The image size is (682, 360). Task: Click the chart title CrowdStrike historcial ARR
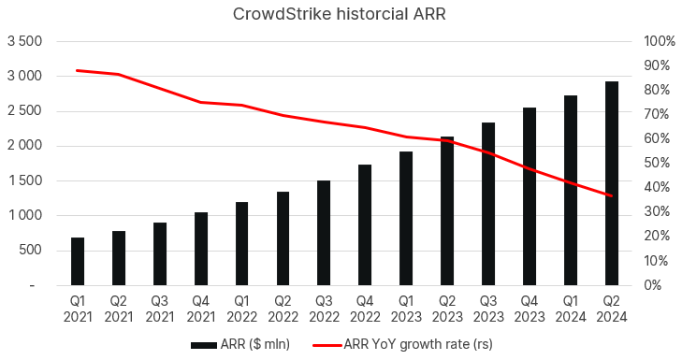(x=341, y=13)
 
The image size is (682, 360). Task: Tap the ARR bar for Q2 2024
(x=611, y=183)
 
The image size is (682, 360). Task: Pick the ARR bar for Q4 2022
(x=365, y=224)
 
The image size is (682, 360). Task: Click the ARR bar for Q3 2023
(x=488, y=204)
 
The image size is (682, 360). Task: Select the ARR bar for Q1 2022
(x=241, y=243)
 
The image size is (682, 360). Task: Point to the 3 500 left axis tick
(x=24, y=42)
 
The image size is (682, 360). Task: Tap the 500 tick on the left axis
(x=29, y=250)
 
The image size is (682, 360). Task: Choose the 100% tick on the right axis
(x=654, y=42)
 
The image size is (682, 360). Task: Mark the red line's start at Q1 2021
(x=78, y=70)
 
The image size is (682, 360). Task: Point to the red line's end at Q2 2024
(x=611, y=196)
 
